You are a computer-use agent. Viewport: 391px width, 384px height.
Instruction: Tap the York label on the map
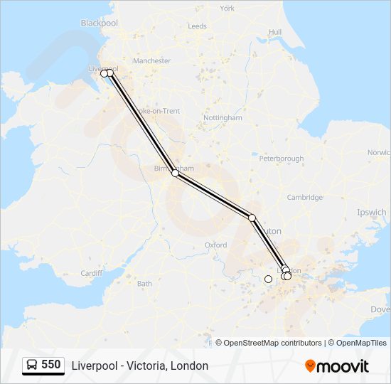pos(227,9)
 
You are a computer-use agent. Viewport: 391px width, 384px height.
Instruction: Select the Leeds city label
pos(197,26)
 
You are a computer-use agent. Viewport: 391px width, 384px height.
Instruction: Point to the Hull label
pos(275,32)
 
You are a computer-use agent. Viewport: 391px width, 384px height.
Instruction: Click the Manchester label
pos(152,61)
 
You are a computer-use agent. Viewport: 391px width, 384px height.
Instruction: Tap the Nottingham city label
pos(223,117)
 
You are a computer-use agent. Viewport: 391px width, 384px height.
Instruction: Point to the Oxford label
pos(215,245)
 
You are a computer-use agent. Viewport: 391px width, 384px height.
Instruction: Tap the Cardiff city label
pos(92,273)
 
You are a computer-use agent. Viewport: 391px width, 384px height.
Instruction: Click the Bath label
pos(144,284)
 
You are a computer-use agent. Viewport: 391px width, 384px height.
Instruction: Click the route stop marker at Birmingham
pos(175,173)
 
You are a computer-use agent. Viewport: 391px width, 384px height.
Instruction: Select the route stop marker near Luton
pos(252,218)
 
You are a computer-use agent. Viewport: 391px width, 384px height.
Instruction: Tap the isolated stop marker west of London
pos(268,279)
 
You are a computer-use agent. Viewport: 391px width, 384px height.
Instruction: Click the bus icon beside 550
pos(33,366)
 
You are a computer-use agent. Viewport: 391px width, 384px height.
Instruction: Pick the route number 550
pos(51,365)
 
